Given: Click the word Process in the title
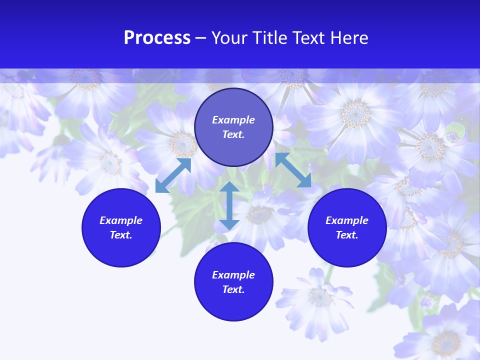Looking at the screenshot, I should point(157,38).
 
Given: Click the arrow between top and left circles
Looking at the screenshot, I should point(173,175).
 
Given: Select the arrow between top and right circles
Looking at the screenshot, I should point(293,170).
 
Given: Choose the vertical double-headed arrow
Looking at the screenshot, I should point(229,205).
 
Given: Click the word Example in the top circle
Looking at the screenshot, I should point(233,120).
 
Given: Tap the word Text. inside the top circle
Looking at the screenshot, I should point(233,134).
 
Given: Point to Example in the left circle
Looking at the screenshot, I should point(121,220).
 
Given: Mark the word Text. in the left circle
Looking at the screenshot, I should point(121,235).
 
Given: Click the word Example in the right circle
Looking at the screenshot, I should point(347,220).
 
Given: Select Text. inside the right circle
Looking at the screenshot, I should point(347,235).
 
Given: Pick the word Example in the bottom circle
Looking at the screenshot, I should point(233,275).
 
